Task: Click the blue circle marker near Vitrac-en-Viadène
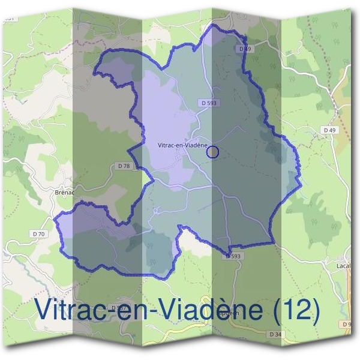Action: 212,152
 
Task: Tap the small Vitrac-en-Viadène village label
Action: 181,145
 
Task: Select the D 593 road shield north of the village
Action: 209,103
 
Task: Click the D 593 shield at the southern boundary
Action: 234,256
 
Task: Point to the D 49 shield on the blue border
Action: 244,48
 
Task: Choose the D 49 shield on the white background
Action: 328,130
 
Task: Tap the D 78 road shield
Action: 124,166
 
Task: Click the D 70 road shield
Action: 40,233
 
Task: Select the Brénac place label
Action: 63,193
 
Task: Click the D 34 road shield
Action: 275,334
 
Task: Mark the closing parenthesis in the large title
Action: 315,310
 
